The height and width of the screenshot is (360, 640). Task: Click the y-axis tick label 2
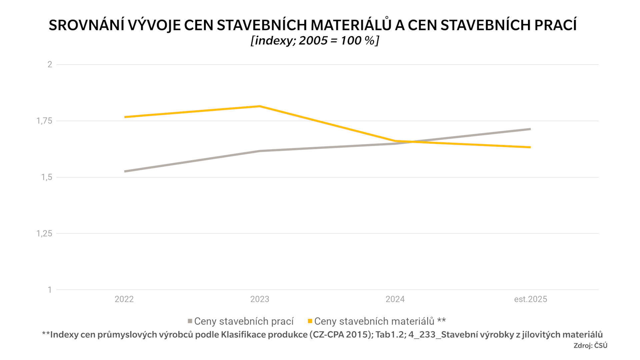(x=50, y=64)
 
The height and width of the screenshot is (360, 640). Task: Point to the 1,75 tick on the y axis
(x=44, y=121)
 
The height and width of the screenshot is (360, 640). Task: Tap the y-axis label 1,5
(x=47, y=177)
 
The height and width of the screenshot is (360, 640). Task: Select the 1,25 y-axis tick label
(x=44, y=233)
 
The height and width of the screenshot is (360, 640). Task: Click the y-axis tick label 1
(x=50, y=290)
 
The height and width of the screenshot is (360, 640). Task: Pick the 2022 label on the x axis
(x=124, y=299)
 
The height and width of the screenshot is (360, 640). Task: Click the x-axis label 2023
(x=260, y=299)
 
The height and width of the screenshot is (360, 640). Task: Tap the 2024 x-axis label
(x=395, y=299)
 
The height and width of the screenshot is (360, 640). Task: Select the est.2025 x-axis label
(x=530, y=299)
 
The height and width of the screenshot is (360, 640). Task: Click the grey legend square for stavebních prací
(x=190, y=321)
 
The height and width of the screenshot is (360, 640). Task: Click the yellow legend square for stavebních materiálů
(x=310, y=321)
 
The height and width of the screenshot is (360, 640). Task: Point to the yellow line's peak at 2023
(x=260, y=106)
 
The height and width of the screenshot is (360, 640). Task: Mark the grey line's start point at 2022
(x=125, y=171)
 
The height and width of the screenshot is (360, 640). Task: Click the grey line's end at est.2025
(x=530, y=129)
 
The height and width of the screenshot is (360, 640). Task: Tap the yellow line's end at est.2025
(x=530, y=147)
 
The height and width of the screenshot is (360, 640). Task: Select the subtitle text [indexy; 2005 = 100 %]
(x=315, y=40)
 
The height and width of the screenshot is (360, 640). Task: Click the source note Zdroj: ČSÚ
(x=590, y=346)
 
